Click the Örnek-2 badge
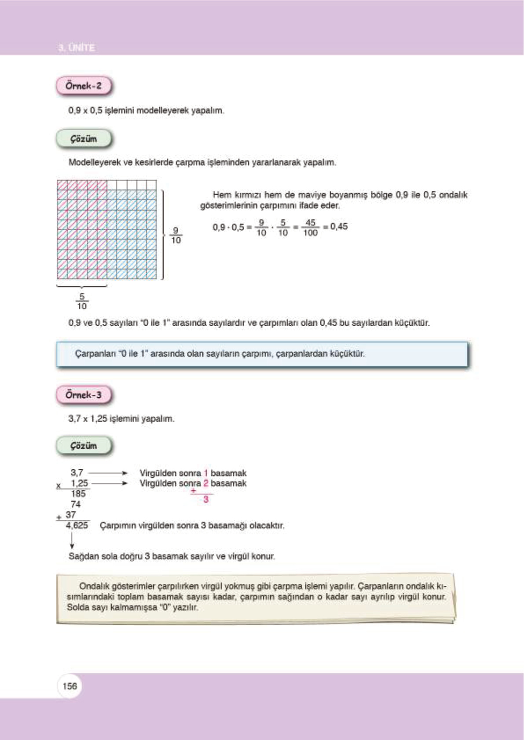coord(84,86)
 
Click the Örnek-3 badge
coord(84,395)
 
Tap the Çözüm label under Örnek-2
coord(84,139)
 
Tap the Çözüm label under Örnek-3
coord(84,446)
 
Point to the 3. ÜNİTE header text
coord(76,47)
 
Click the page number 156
coord(70,686)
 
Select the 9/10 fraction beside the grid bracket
coord(176,236)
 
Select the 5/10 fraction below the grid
coord(82,301)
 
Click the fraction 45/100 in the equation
coord(310,228)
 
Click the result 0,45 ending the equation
coord(339,227)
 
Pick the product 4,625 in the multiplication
coord(77,525)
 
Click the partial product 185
coord(78,494)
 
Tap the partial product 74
coord(76,504)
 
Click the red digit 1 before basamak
coord(205,473)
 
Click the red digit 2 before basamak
coord(205,483)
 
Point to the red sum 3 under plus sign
coord(205,500)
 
